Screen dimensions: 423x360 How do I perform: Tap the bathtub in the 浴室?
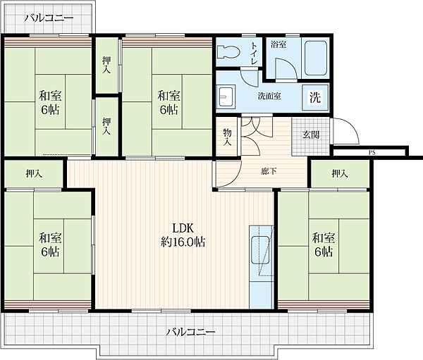(316, 58)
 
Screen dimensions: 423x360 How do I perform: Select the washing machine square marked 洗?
(315, 97)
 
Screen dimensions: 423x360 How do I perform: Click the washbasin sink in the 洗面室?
(226, 97)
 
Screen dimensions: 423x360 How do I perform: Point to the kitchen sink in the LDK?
(260, 251)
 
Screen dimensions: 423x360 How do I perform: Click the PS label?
(372, 153)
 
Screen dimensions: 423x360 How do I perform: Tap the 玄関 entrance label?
(311, 135)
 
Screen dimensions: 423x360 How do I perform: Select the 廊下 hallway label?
(269, 171)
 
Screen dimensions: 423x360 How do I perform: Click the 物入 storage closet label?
(227, 137)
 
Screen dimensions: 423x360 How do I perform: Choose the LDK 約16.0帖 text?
(183, 235)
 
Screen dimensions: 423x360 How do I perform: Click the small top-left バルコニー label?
(49, 18)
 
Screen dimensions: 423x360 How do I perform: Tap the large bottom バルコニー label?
(190, 332)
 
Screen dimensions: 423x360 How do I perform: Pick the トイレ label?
(254, 53)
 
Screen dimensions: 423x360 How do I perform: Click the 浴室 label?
(278, 44)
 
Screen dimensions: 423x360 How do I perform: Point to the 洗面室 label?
(269, 96)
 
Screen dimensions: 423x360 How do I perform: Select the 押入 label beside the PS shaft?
(340, 174)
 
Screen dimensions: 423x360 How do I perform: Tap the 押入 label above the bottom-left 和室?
(34, 174)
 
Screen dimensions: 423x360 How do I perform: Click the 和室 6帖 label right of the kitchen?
(324, 245)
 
